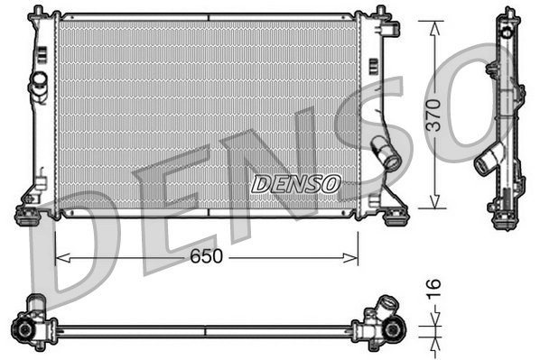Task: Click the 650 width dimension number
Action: [207, 257]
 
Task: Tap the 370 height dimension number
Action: [434, 115]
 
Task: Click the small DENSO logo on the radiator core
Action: [295, 184]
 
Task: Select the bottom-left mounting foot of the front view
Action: [30, 215]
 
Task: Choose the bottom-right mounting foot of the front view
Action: [394, 214]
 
